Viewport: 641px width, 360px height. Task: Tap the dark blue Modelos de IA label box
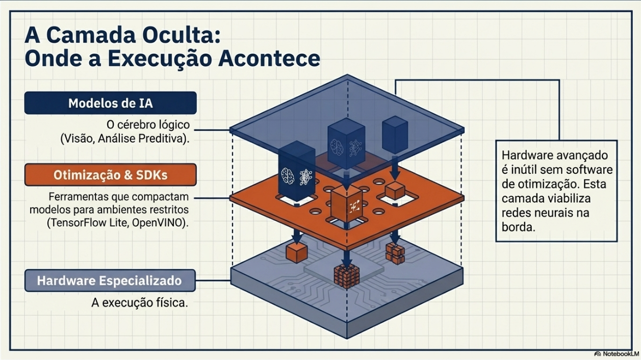[110, 103]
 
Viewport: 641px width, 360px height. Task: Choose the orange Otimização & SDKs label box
[110, 175]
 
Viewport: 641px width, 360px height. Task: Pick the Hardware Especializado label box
[110, 280]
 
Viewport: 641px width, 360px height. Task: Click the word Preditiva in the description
[162, 138]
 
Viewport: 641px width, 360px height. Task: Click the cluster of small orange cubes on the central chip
[346, 277]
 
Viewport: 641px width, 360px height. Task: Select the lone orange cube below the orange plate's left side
[295, 252]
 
